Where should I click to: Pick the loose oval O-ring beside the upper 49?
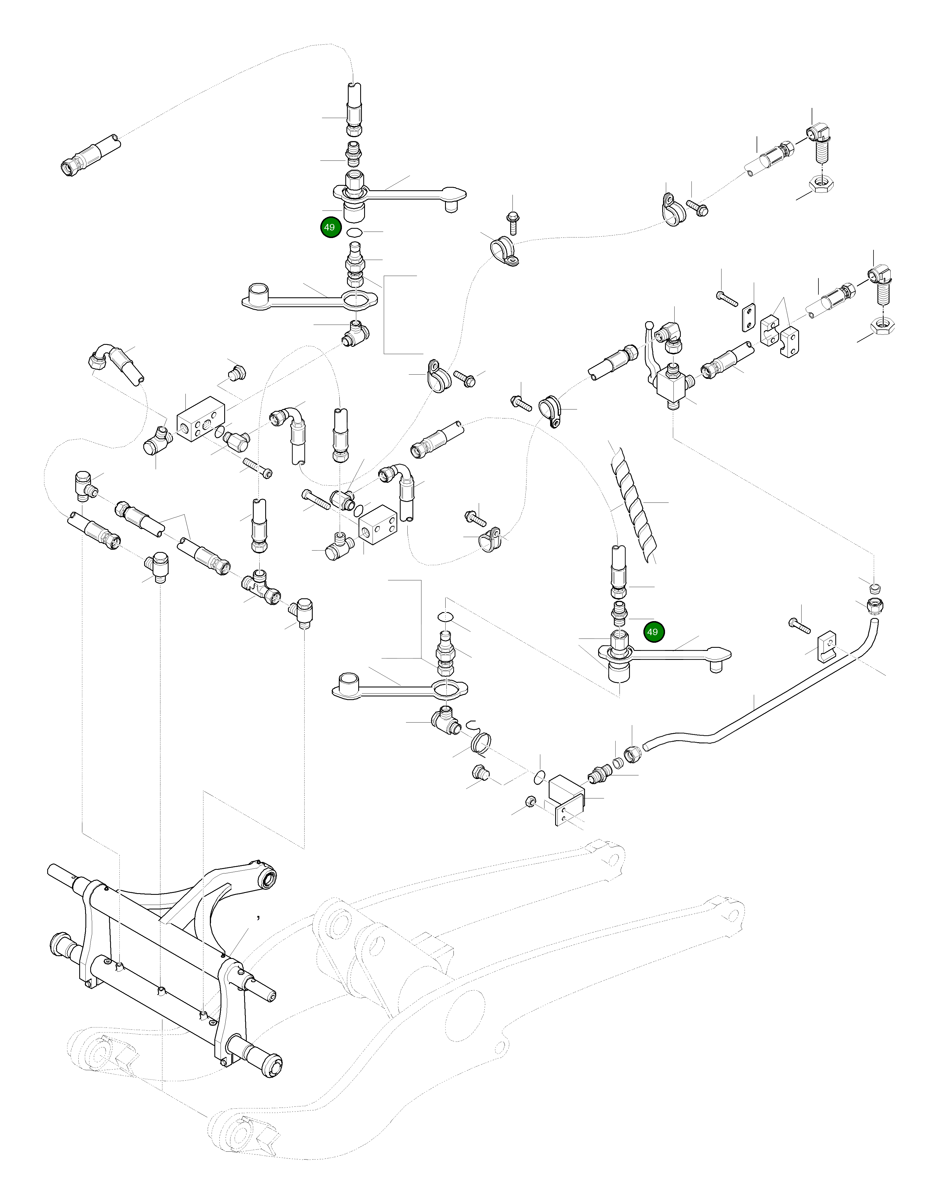[x=355, y=232]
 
